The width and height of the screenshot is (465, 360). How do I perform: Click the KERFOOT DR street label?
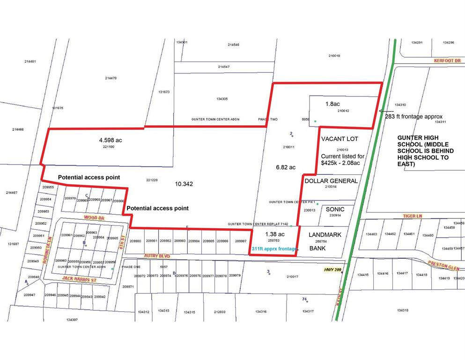(447, 61)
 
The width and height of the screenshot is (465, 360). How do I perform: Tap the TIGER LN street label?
(413, 216)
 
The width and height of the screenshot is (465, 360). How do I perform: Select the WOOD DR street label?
(94, 217)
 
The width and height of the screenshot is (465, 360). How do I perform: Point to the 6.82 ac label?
(286, 167)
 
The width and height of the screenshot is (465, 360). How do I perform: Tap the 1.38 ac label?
(275, 234)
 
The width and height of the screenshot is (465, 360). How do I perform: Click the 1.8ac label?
(333, 103)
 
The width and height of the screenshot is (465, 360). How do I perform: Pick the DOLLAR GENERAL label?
(331, 180)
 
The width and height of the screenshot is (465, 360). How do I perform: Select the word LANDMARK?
(325, 234)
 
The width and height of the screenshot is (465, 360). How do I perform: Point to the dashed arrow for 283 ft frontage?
(386, 111)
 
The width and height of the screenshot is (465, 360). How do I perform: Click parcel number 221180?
(109, 147)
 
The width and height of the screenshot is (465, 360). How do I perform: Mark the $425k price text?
(331, 163)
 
